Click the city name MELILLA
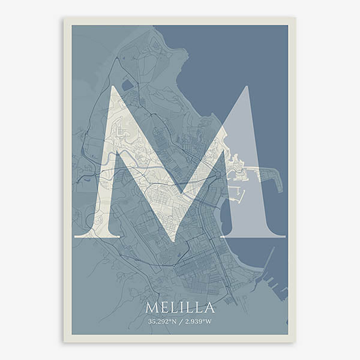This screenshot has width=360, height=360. tap(180, 308)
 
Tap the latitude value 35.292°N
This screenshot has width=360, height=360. tap(163, 322)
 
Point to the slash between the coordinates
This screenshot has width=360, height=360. tap(181, 322)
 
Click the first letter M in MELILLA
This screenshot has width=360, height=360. tap(151, 308)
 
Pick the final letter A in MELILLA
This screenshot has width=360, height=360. tap(209, 308)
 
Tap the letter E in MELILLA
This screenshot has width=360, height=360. tap(163, 308)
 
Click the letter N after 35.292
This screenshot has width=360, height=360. tap(175, 322)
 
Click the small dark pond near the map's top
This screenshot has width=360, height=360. tap(127, 85)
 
